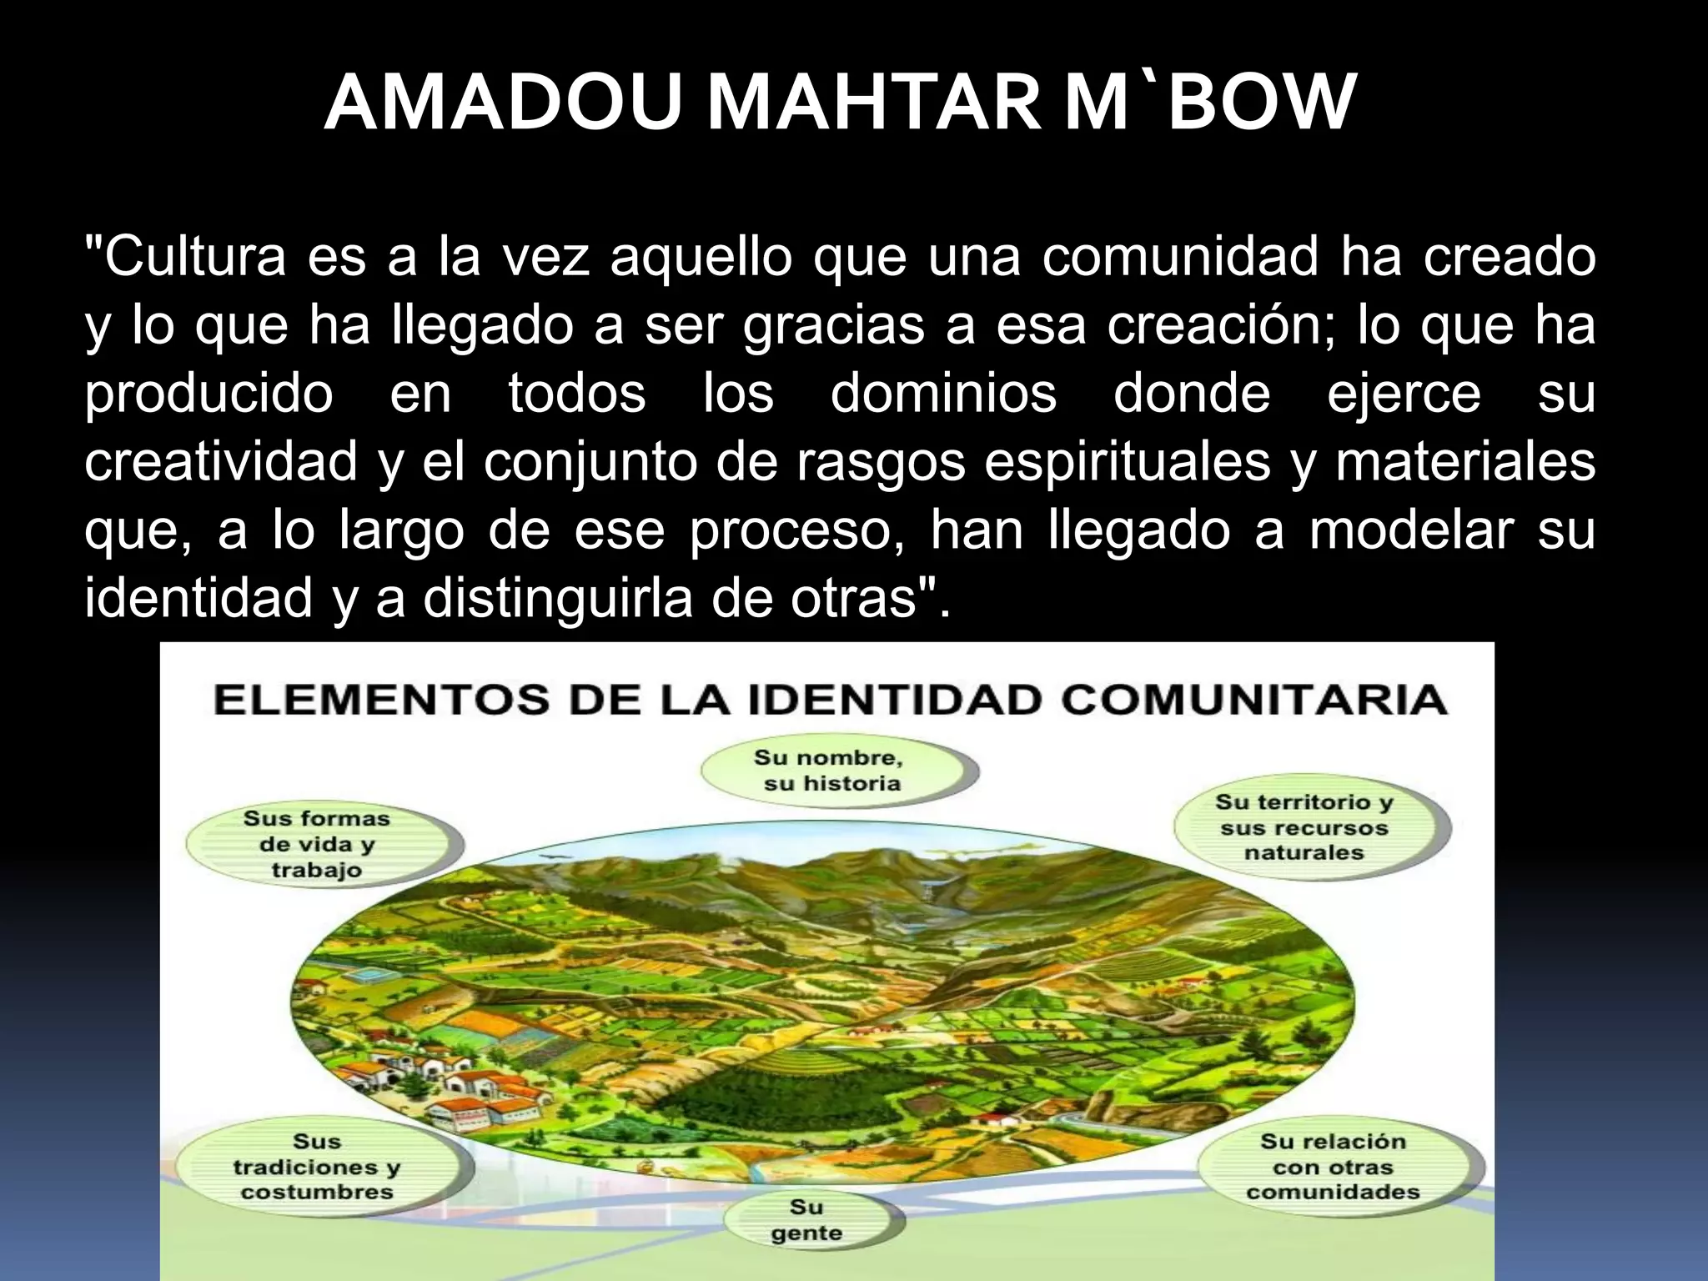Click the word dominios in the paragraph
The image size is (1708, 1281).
coord(943,394)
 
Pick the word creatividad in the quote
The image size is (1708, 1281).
coord(221,462)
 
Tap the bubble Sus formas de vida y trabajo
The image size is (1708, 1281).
coord(318,844)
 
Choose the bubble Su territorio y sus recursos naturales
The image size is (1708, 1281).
coord(1304,827)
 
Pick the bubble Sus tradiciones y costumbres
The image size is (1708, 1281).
coord(318,1166)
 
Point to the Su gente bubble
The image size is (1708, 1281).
coord(807,1220)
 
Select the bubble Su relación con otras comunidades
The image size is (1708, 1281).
coord(1333,1166)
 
